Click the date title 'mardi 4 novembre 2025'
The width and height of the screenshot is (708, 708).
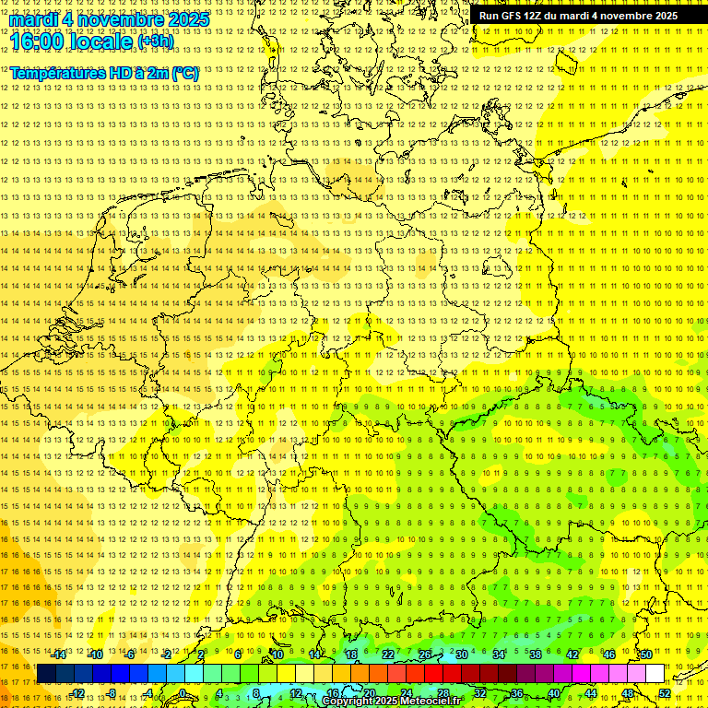pyautogui.click(x=109, y=19)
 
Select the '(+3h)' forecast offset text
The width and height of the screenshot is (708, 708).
pyautogui.click(x=154, y=41)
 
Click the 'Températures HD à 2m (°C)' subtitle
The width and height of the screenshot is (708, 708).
pyautogui.click(x=104, y=73)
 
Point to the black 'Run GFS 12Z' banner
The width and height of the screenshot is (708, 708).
pyautogui.click(x=578, y=16)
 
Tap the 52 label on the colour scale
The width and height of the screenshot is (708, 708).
pyautogui.click(x=665, y=693)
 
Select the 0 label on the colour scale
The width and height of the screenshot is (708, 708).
pyautogui.click(x=183, y=693)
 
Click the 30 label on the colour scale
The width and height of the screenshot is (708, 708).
pyautogui.click(x=461, y=655)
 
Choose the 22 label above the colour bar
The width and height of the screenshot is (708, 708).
pyautogui.click(x=387, y=655)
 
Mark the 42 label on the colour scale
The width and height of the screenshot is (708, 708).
pyautogui.click(x=572, y=655)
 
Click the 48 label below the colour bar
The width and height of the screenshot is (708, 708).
pyautogui.click(x=628, y=693)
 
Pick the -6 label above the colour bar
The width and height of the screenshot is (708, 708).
pyautogui.click(x=131, y=655)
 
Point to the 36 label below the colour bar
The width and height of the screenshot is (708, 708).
pyautogui.click(x=516, y=693)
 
